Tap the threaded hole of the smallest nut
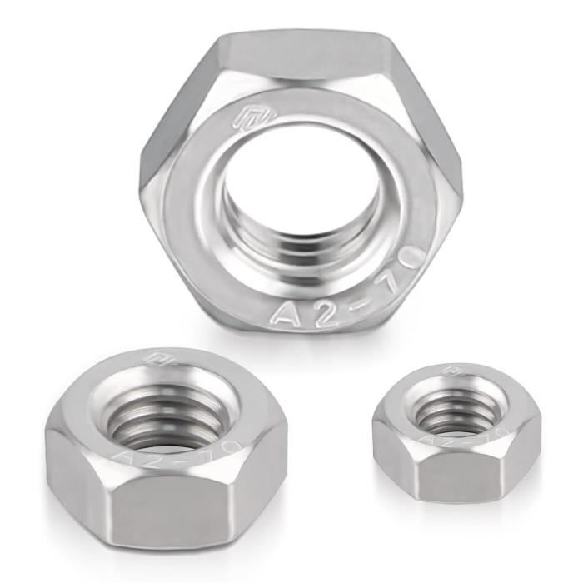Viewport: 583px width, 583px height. pos(453,408)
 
